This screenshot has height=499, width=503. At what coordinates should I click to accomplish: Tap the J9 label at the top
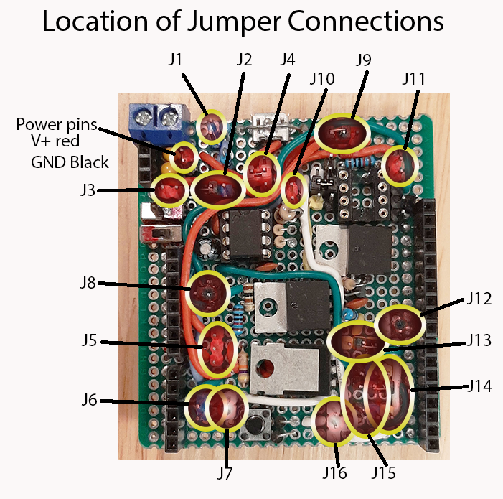point(362,59)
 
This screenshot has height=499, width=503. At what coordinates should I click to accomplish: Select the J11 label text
point(413,78)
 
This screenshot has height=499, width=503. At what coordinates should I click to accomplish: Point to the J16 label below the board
point(334,473)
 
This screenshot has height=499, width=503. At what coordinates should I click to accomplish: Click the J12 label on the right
point(479,298)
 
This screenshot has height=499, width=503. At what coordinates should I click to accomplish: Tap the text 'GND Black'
point(70,162)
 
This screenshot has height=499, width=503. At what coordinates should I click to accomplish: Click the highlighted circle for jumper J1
point(211,128)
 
